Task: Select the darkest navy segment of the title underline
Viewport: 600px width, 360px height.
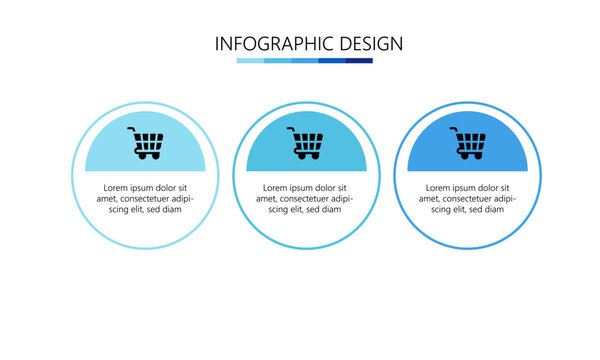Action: (x=359, y=60)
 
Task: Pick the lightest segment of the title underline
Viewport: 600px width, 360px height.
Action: (x=250, y=60)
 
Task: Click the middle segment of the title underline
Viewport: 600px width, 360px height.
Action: (x=304, y=60)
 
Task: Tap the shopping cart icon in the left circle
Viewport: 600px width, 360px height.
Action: (x=146, y=144)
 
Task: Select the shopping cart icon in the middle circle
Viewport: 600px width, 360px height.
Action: (x=306, y=144)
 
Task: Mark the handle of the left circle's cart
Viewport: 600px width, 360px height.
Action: (x=132, y=130)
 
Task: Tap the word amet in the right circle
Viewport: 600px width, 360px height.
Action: (x=430, y=199)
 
